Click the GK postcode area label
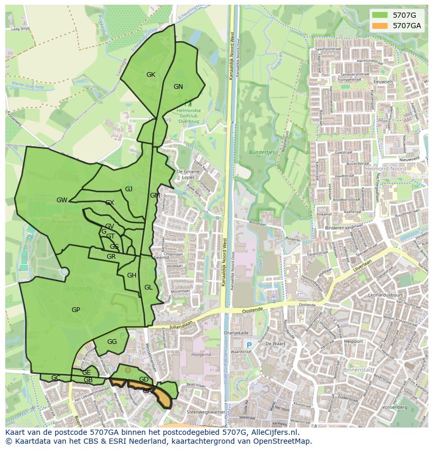(x=151, y=75)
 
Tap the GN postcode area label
(x=178, y=87)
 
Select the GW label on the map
(x=62, y=200)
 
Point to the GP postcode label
(x=76, y=310)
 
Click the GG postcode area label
(x=112, y=342)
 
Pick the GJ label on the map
(x=129, y=189)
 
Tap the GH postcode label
(x=132, y=275)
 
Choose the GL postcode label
(x=149, y=287)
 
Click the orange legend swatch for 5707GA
(x=380, y=25)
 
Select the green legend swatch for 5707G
(x=380, y=15)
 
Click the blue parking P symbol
(x=249, y=345)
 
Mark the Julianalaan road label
(x=181, y=325)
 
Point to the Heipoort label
(x=354, y=341)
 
